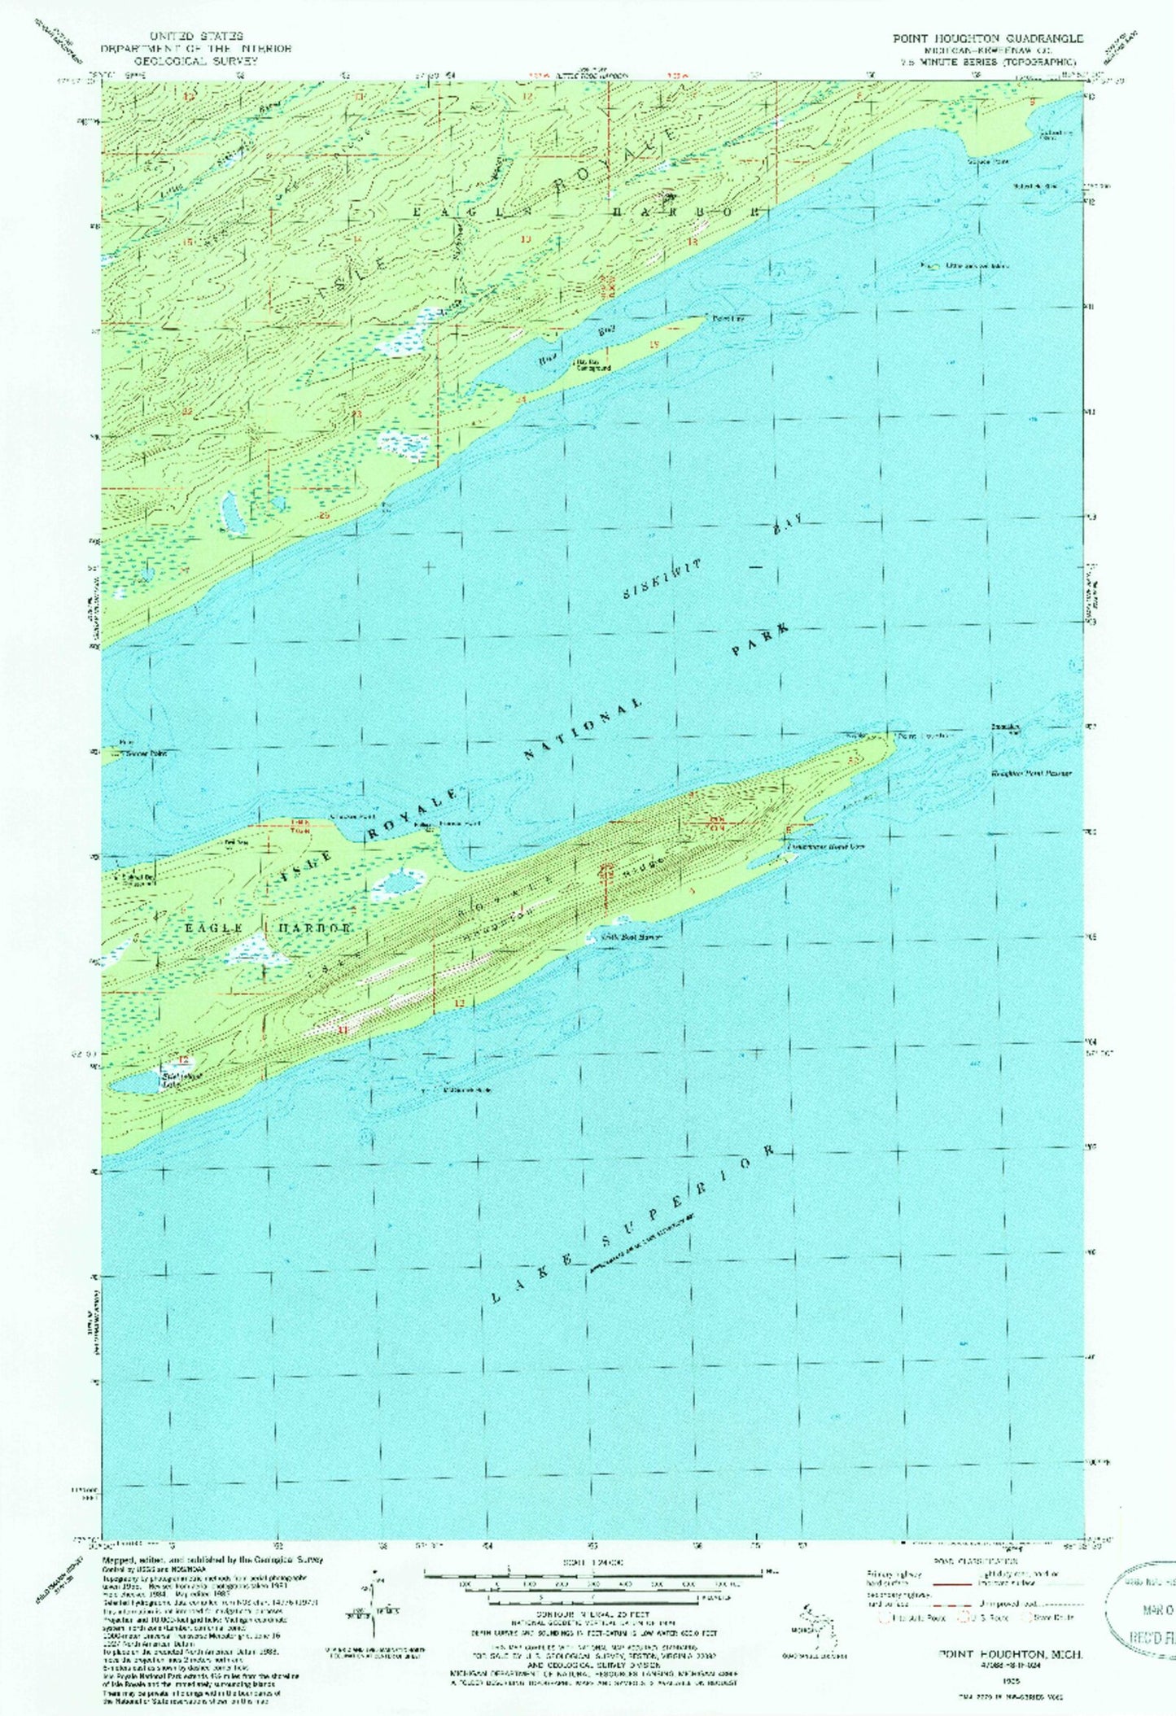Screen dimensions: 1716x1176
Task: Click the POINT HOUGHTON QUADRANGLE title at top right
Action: tap(987, 38)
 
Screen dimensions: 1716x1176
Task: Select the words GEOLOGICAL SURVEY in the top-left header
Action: tap(195, 61)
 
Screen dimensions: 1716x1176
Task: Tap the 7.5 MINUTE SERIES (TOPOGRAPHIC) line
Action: tap(998, 62)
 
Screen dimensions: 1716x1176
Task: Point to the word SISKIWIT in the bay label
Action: tap(662, 579)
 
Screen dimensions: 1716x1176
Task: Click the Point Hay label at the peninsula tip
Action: tap(728, 317)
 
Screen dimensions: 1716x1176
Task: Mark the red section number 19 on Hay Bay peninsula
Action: tap(654, 345)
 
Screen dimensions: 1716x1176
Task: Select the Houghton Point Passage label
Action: tap(1030, 773)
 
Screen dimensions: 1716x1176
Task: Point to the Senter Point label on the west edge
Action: tap(146, 753)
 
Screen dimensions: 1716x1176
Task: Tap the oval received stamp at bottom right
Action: tap(1143, 1608)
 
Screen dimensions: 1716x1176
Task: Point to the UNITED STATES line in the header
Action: tap(195, 37)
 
